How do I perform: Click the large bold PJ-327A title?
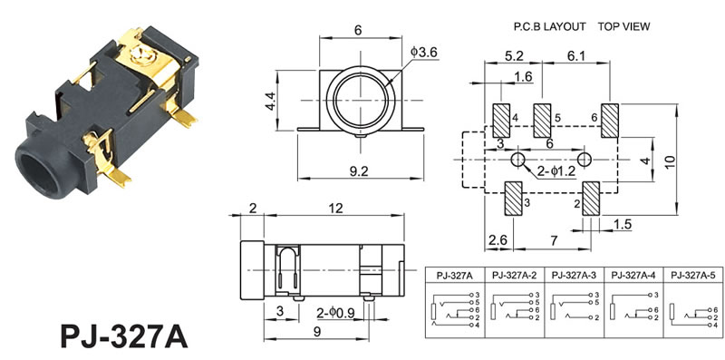(124, 336)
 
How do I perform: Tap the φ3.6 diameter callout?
(423, 53)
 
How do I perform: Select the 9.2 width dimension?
(359, 171)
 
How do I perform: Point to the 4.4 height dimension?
(270, 101)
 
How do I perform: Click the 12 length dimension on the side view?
(335, 209)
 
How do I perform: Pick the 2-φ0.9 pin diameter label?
(335, 313)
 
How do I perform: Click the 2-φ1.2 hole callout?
(556, 171)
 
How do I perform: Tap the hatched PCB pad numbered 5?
(542, 121)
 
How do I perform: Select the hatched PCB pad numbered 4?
(501, 121)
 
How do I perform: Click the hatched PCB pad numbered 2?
(591, 199)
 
